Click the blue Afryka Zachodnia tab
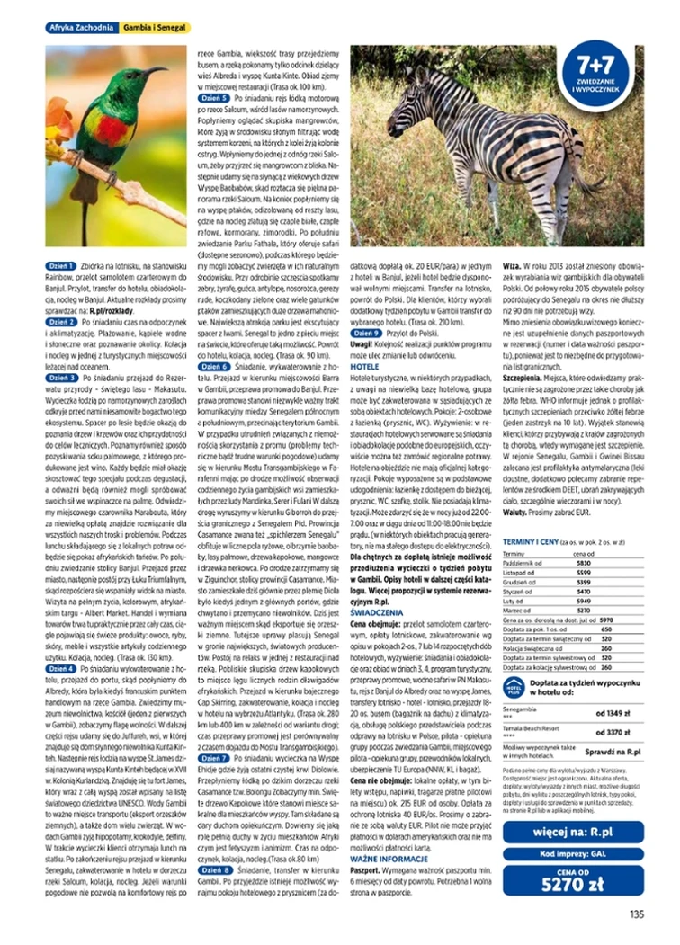pos(81,30)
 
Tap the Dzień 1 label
pos(61,268)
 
